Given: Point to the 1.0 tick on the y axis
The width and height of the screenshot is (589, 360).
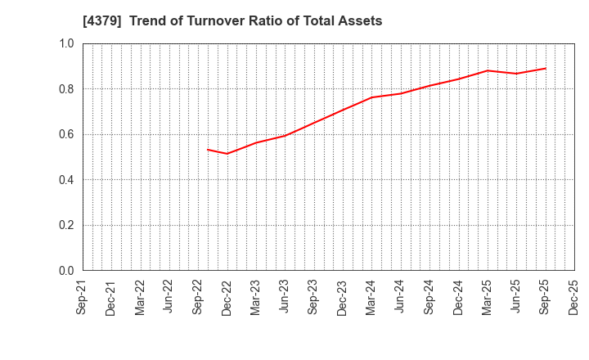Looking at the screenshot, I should [x=66, y=43].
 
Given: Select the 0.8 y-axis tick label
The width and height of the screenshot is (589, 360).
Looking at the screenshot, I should [x=66, y=89].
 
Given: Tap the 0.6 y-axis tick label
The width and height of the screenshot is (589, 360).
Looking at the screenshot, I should [x=66, y=134].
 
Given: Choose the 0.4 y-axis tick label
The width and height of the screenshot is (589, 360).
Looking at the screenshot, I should [x=66, y=180].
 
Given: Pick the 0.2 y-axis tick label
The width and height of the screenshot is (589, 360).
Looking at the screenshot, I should [x=66, y=225].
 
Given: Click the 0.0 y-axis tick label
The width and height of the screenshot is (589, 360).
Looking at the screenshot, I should [x=66, y=271].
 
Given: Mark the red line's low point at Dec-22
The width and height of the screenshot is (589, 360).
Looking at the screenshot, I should [x=227, y=153].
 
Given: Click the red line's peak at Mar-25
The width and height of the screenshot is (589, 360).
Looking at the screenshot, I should [x=488, y=70].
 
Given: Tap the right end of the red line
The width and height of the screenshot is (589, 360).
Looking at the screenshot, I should [x=546, y=68].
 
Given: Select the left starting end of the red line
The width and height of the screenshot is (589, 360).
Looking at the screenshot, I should [x=208, y=149].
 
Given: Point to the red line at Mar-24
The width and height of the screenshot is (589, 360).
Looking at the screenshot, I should [x=371, y=97].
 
